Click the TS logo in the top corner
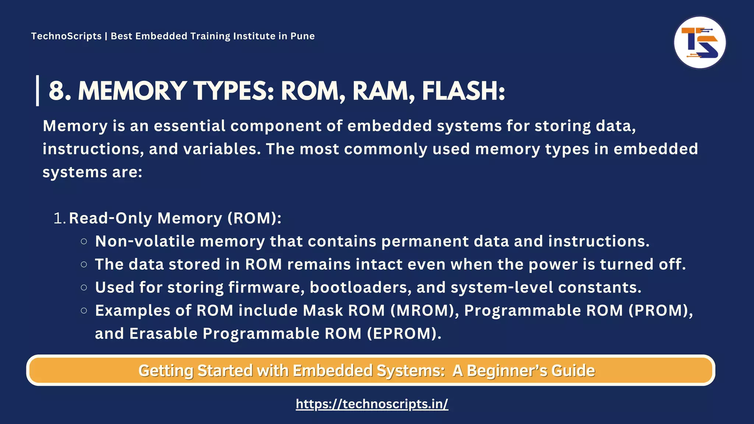pyautogui.click(x=700, y=42)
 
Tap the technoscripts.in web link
pyautogui.click(x=372, y=404)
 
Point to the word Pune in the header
pyautogui.click(x=302, y=36)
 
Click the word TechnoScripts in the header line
pyautogui.click(x=66, y=36)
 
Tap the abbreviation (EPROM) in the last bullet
pyautogui.click(x=404, y=333)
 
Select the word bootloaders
pyautogui.click(x=360, y=287)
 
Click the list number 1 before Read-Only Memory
pyautogui.click(x=59, y=218)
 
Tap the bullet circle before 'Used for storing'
pyautogui.click(x=84, y=287)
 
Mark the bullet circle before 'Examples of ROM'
pyautogui.click(x=84, y=311)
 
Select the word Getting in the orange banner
pyautogui.click(x=166, y=370)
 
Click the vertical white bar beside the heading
pyautogui.click(x=38, y=91)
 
